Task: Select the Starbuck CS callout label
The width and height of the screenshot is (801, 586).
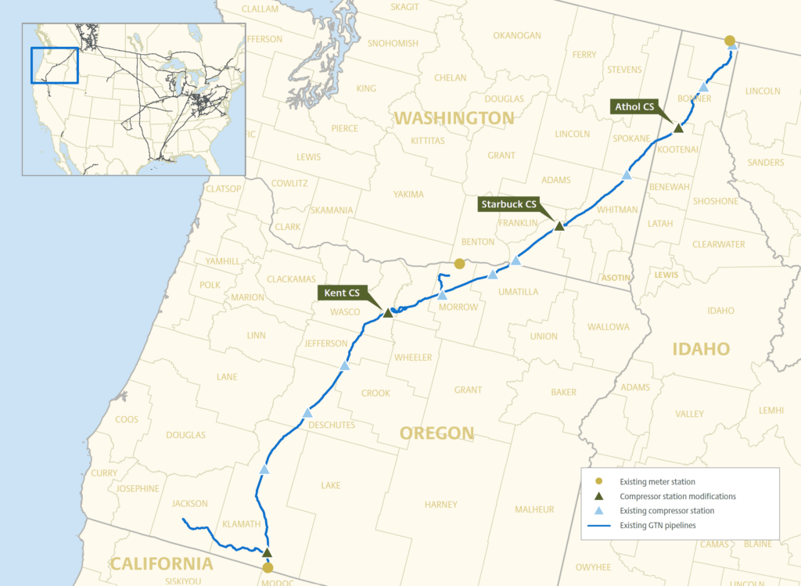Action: [x=508, y=204]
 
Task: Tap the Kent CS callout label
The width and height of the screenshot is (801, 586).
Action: [x=343, y=293]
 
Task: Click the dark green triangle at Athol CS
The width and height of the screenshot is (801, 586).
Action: [x=678, y=128]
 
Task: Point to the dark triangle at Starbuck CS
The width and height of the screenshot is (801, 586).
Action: [x=559, y=226]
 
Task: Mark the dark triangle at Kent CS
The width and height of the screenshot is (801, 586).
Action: [x=387, y=313]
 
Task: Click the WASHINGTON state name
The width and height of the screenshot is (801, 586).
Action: [x=454, y=118]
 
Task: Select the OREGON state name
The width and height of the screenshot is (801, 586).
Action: [x=436, y=433]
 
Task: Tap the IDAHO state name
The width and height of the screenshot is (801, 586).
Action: [x=701, y=349]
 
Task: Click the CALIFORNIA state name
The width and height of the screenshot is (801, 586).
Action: [x=161, y=563]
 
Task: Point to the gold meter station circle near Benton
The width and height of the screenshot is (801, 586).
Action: [x=460, y=264]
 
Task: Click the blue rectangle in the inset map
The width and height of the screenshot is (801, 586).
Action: [x=55, y=65]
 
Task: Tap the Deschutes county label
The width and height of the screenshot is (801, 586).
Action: [x=332, y=425]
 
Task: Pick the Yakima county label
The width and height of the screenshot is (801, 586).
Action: [x=408, y=194]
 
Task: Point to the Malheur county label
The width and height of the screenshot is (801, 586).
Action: [x=534, y=509]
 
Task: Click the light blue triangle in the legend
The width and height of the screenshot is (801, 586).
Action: [x=598, y=510]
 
